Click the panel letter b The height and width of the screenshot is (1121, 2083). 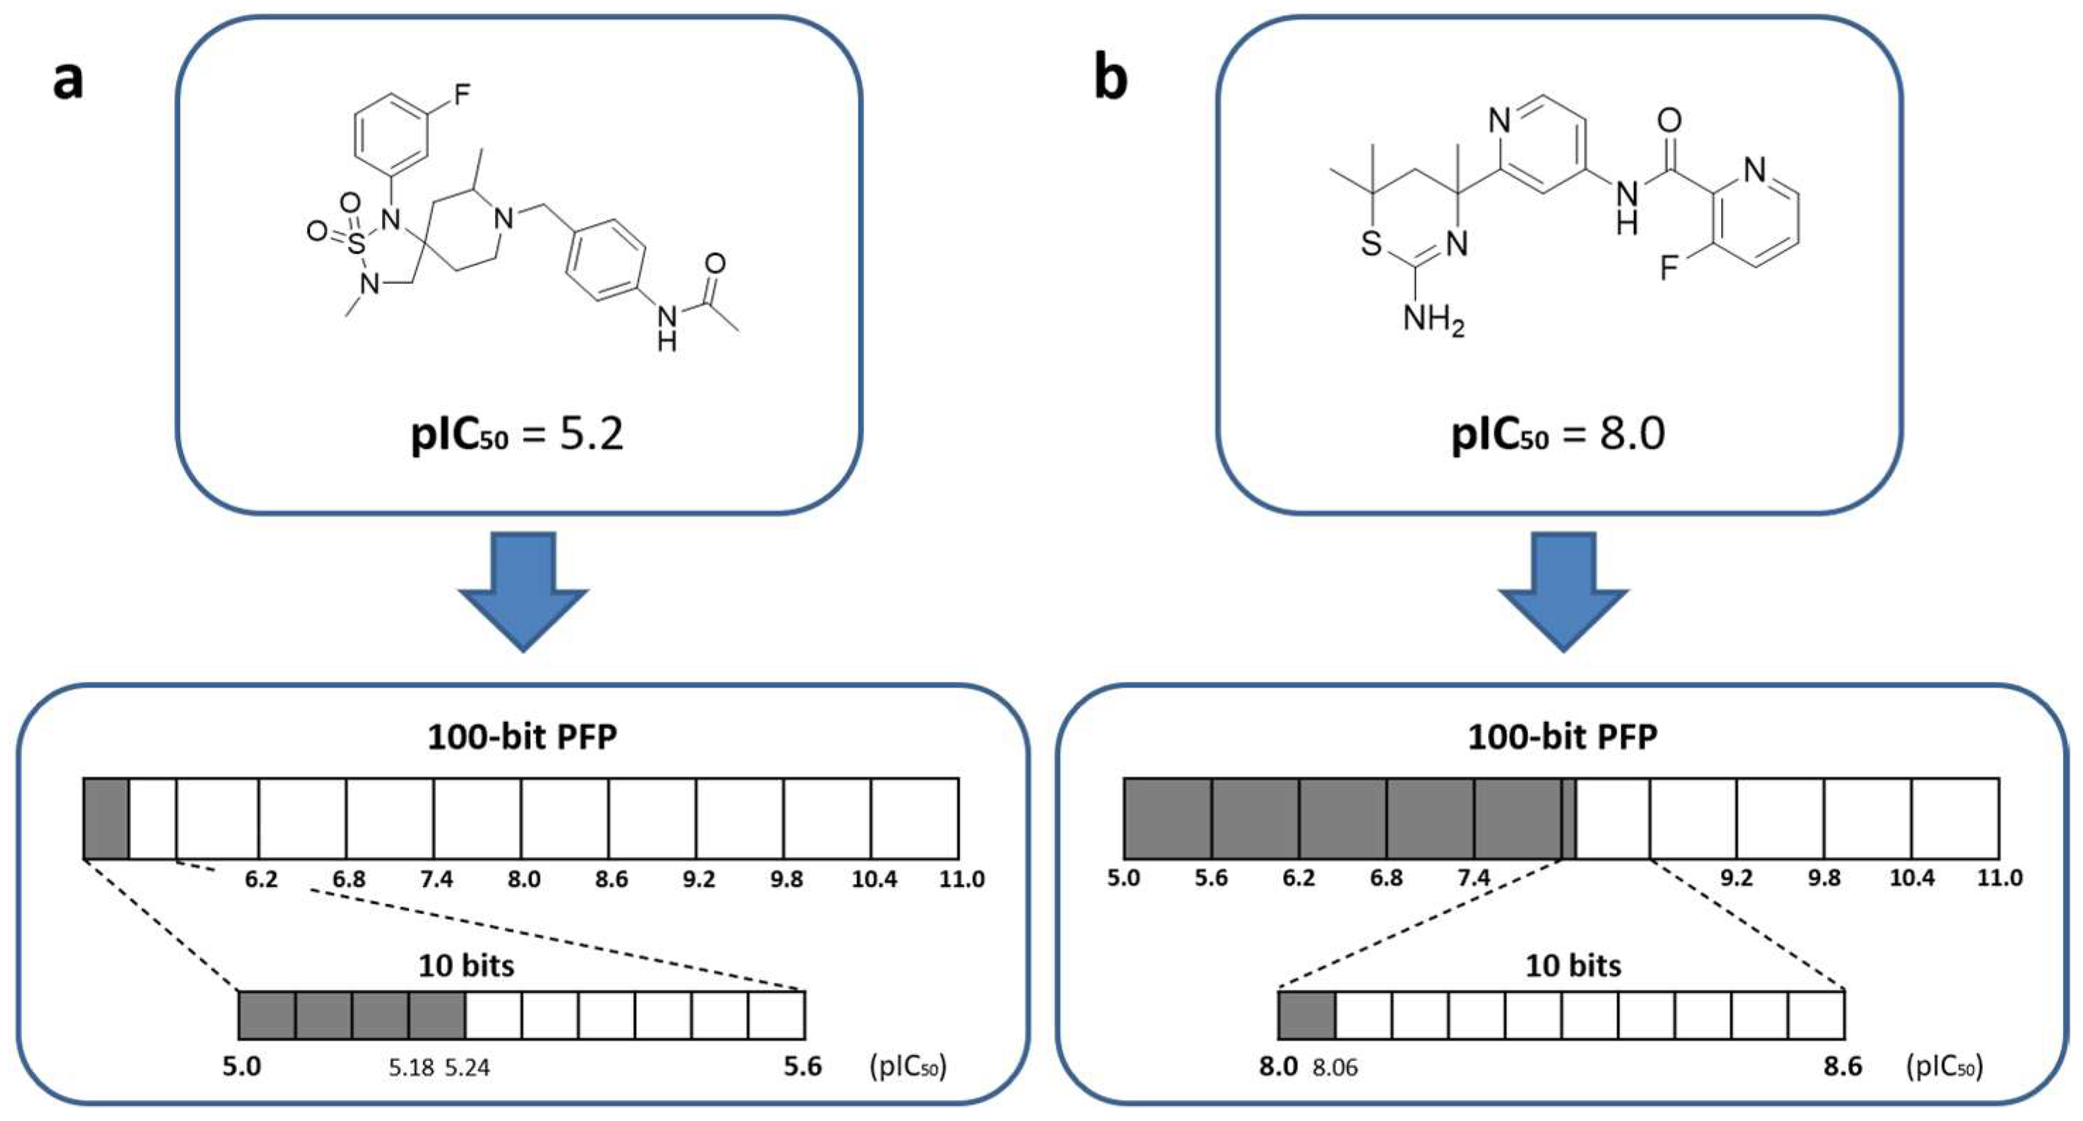pyautogui.click(x=1110, y=81)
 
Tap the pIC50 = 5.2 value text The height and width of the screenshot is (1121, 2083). pyautogui.click(x=518, y=434)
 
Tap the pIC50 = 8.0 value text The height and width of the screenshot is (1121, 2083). pyautogui.click(x=1558, y=434)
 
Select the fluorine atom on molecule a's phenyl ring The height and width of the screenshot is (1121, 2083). pyautogui.click(x=462, y=95)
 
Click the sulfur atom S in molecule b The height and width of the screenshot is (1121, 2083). pyautogui.click(x=1371, y=244)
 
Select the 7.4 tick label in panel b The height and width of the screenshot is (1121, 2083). pyautogui.click(x=1474, y=878)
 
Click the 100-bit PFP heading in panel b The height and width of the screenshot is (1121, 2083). pyautogui.click(x=1562, y=737)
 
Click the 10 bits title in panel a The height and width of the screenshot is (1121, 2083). pyautogui.click(x=467, y=966)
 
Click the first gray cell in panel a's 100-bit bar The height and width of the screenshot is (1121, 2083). pyautogui.click(x=106, y=819)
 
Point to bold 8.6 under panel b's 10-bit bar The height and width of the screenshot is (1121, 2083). pyautogui.click(x=1843, y=1066)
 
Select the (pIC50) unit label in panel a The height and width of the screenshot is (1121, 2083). pyautogui.click(x=907, y=1067)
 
